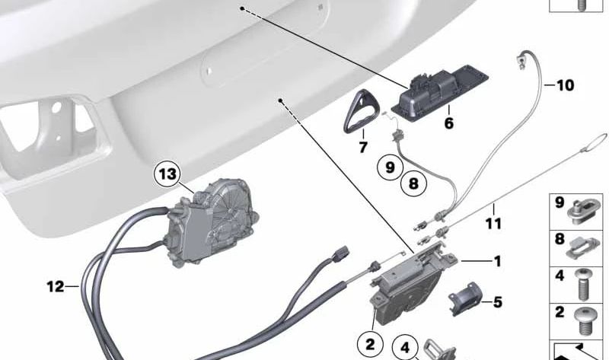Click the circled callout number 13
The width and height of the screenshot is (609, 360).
click(x=167, y=174)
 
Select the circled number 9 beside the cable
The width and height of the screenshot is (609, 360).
click(x=390, y=167)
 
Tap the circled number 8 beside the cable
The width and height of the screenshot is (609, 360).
click(x=413, y=183)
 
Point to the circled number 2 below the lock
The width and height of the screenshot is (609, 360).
click(x=370, y=344)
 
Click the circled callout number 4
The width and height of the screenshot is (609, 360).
click(x=405, y=348)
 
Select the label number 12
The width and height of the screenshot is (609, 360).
click(x=55, y=287)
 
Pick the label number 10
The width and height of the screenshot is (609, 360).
click(x=565, y=85)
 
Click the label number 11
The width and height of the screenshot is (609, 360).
click(x=493, y=223)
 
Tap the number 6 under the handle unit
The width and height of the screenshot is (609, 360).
click(x=449, y=123)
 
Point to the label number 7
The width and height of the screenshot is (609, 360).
click(x=363, y=147)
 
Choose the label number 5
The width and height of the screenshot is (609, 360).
click(x=498, y=302)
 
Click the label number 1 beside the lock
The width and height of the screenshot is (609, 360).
click(x=497, y=261)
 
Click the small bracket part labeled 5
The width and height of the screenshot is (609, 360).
click(x=465, y=299)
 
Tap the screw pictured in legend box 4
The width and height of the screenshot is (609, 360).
click(x=582, y=285)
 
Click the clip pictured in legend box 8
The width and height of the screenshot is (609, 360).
click(x=585, y=247)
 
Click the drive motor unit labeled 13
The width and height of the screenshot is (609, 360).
click(x=210, y=223)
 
